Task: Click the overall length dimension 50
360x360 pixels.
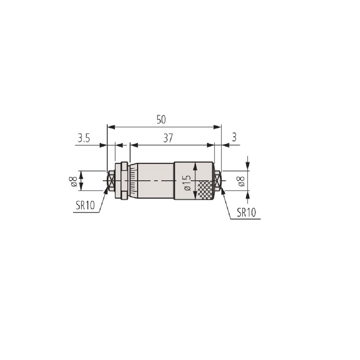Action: coord(161,120)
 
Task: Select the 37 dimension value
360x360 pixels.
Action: coord(168,138)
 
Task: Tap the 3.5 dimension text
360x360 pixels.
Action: coord(84,139)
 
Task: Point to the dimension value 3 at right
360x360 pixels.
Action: coord(234,137)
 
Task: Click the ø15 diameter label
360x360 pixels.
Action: coord(187,183)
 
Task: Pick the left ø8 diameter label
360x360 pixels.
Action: coord(74,181)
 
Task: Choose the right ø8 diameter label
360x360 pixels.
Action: coord(241,181)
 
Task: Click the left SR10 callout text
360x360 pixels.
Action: coord(85,206)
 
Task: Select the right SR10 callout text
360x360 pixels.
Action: coord(246,212)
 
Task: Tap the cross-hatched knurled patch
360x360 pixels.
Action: coord(205,189)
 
